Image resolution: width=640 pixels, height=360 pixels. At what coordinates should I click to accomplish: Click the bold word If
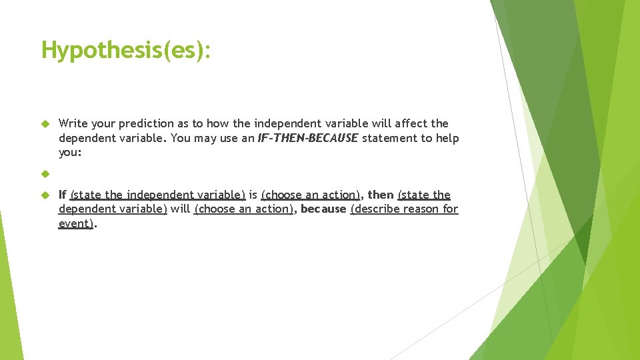pyautogui.click(x=62, y=195)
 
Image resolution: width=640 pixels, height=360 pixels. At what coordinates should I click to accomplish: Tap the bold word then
pyautogui.click(x=381, y=195)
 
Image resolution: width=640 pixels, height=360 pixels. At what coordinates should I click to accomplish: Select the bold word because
pyautogui.click(x=323, y=209)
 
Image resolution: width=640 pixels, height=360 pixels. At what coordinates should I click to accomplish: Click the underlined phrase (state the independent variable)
pyautogui.click(x=158, y=195)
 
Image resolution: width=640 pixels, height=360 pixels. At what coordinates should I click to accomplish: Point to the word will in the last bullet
pyautogui.click(x=180, y=209)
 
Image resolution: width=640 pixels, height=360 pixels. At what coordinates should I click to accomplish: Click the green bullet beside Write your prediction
pyautogui.click(x=45, y=123)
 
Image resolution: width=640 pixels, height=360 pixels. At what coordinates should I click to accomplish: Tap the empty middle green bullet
pyautogui.click(x=45, y=174)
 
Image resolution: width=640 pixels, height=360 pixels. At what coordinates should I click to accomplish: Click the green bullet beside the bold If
pyautogui.click(x=45, y=195)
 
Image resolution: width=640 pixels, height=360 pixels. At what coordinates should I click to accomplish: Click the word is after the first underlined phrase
pyautogui.click(x=253, y=195)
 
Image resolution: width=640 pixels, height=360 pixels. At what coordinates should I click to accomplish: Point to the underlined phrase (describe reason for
pyautogui.click(x=404, y=209)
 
